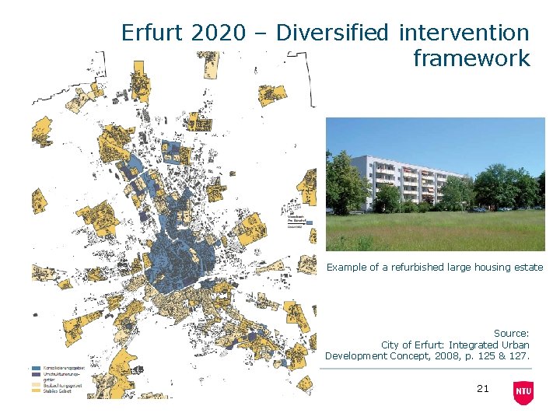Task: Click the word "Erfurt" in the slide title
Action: tap(153, 33)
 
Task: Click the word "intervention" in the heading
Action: tap(464, 33)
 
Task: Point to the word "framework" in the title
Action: tap(471, 58)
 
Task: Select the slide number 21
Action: tap(482, 388)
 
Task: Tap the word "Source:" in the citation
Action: tap(511, 334)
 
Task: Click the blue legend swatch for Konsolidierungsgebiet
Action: tap(36, 368)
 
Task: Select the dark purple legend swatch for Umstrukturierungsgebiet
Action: tap(36, 375)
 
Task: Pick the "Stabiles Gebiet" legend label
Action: tap(63, 391)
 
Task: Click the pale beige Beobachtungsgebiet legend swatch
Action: tap(36, 384)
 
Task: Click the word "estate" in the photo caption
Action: tap(529, 267)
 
